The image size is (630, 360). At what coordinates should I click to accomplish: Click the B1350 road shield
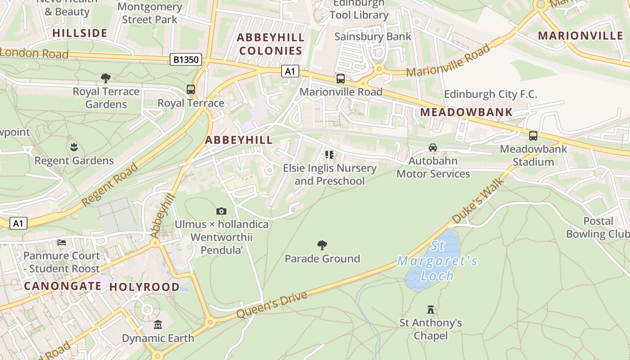coord(185,59)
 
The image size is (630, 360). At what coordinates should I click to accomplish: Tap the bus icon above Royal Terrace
coord(191,89)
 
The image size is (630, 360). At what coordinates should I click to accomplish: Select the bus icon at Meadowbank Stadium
coord(533,135)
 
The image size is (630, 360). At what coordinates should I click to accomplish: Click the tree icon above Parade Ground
coord(322,245)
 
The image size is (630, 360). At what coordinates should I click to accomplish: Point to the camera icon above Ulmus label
coord(221,211)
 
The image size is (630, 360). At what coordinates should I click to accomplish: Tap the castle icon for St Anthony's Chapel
coord(431,309)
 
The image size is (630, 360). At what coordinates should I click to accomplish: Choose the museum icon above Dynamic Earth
coord(158,324)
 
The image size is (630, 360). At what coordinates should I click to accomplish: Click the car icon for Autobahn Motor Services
coord(433,147)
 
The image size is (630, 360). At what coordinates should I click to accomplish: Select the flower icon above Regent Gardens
coord(74,147)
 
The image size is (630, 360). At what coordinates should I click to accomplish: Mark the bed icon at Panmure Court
coord(62,243)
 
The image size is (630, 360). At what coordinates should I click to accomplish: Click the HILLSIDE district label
coord(80,33)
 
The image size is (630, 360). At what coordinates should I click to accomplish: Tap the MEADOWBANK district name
coord(467,112)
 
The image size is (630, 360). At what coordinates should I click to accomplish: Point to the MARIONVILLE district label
coord(580,36)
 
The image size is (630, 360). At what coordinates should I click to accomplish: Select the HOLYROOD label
coord(144,287)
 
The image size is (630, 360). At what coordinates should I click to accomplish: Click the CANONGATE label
coord(63,286)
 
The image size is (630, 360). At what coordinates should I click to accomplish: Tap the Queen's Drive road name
coord(272,305)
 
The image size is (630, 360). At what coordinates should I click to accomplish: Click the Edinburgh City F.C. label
coord(490,94)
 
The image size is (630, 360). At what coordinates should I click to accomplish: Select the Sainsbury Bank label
coord(373,36)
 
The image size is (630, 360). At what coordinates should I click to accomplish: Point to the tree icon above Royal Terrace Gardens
coord(106,78)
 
